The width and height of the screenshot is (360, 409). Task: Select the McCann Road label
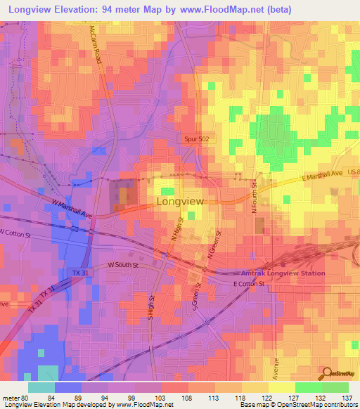point(96,46)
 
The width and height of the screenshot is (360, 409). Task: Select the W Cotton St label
point(18,232)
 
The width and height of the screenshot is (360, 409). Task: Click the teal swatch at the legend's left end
point(41,387)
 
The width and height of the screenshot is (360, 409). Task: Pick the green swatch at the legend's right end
point(335,387)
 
